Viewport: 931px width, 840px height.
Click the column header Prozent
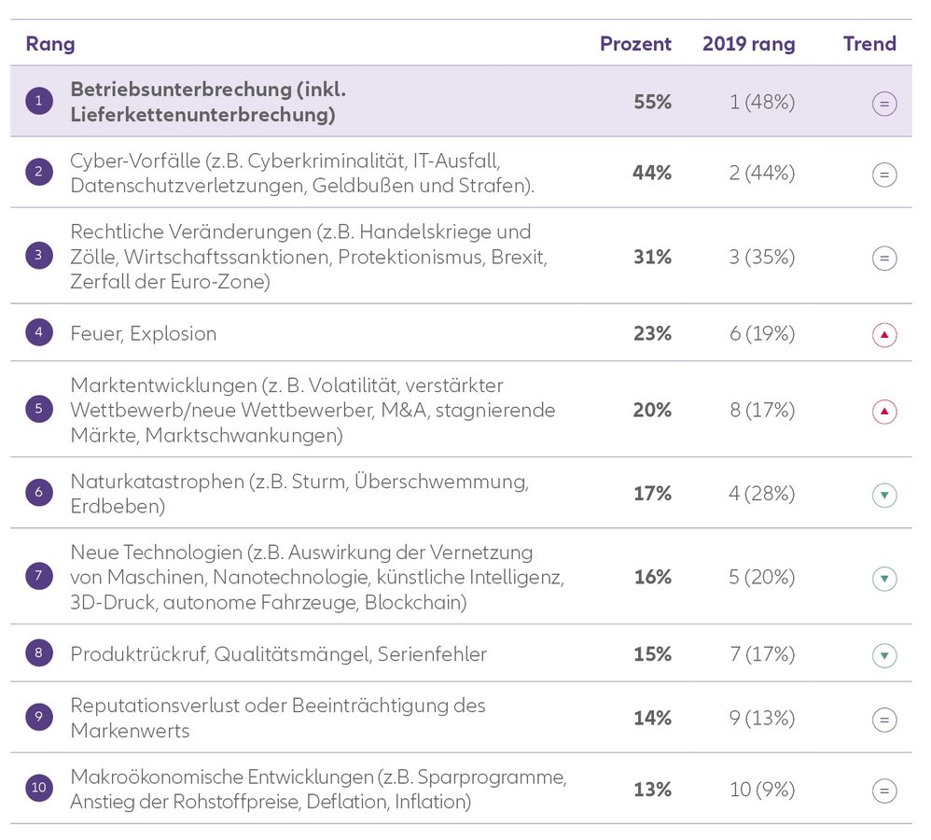pyautogui.click(x=635, y=44)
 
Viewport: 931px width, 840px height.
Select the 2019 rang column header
pyautogui.click(x=748, y=44)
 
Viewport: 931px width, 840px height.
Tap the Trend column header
pyautogui.click(x=869, y=44)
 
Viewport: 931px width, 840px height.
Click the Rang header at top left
pyautogui.click(x=50, y=44)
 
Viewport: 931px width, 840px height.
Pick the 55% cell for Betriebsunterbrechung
pyautogui.click(x=652, y=102)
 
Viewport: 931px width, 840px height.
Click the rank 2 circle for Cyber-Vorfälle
pyautogui.click(x=38, y=173)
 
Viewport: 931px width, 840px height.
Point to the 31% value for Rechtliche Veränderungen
pyautogui.click(x=652, y=257)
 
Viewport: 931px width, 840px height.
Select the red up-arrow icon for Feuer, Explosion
pyautogui.click(x=884, y=334)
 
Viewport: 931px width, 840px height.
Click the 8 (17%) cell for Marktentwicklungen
pyautogui.click(x=762, y=410)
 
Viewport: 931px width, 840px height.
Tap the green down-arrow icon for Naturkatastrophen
pyautogui.click(x=884, y=495)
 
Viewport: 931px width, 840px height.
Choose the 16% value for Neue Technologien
pyautogui.click(x=652, y=577)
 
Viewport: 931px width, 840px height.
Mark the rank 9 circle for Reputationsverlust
pyautogui.click(x=38, y=718)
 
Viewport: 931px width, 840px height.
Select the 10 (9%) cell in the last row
pyautogui.click(x=762, y=790)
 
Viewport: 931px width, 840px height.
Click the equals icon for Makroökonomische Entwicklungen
pyautogui.click(x=884, y=791)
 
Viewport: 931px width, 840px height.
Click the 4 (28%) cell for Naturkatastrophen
pyautogui.click(x=762, y=493)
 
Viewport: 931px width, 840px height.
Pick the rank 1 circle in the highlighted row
pyautogui.click(x=38, y=102)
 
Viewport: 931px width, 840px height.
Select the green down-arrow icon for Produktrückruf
pyautogui.click(x=884, y=656)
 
